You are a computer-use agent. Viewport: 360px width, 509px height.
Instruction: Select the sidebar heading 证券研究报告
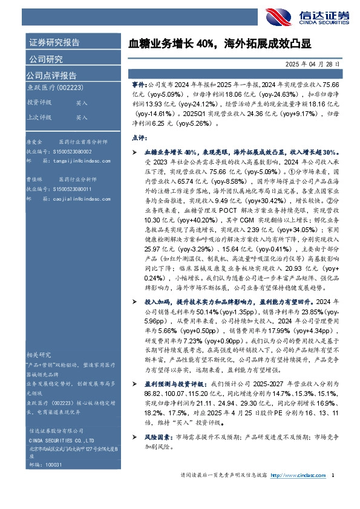pyautogui.click(x=54, y=43)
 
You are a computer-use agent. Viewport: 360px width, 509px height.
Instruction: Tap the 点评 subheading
pyautogui.click(x=139, y=137)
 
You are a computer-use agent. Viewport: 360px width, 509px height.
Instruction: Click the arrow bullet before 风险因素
pyautogui.click(x=134, y=436)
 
